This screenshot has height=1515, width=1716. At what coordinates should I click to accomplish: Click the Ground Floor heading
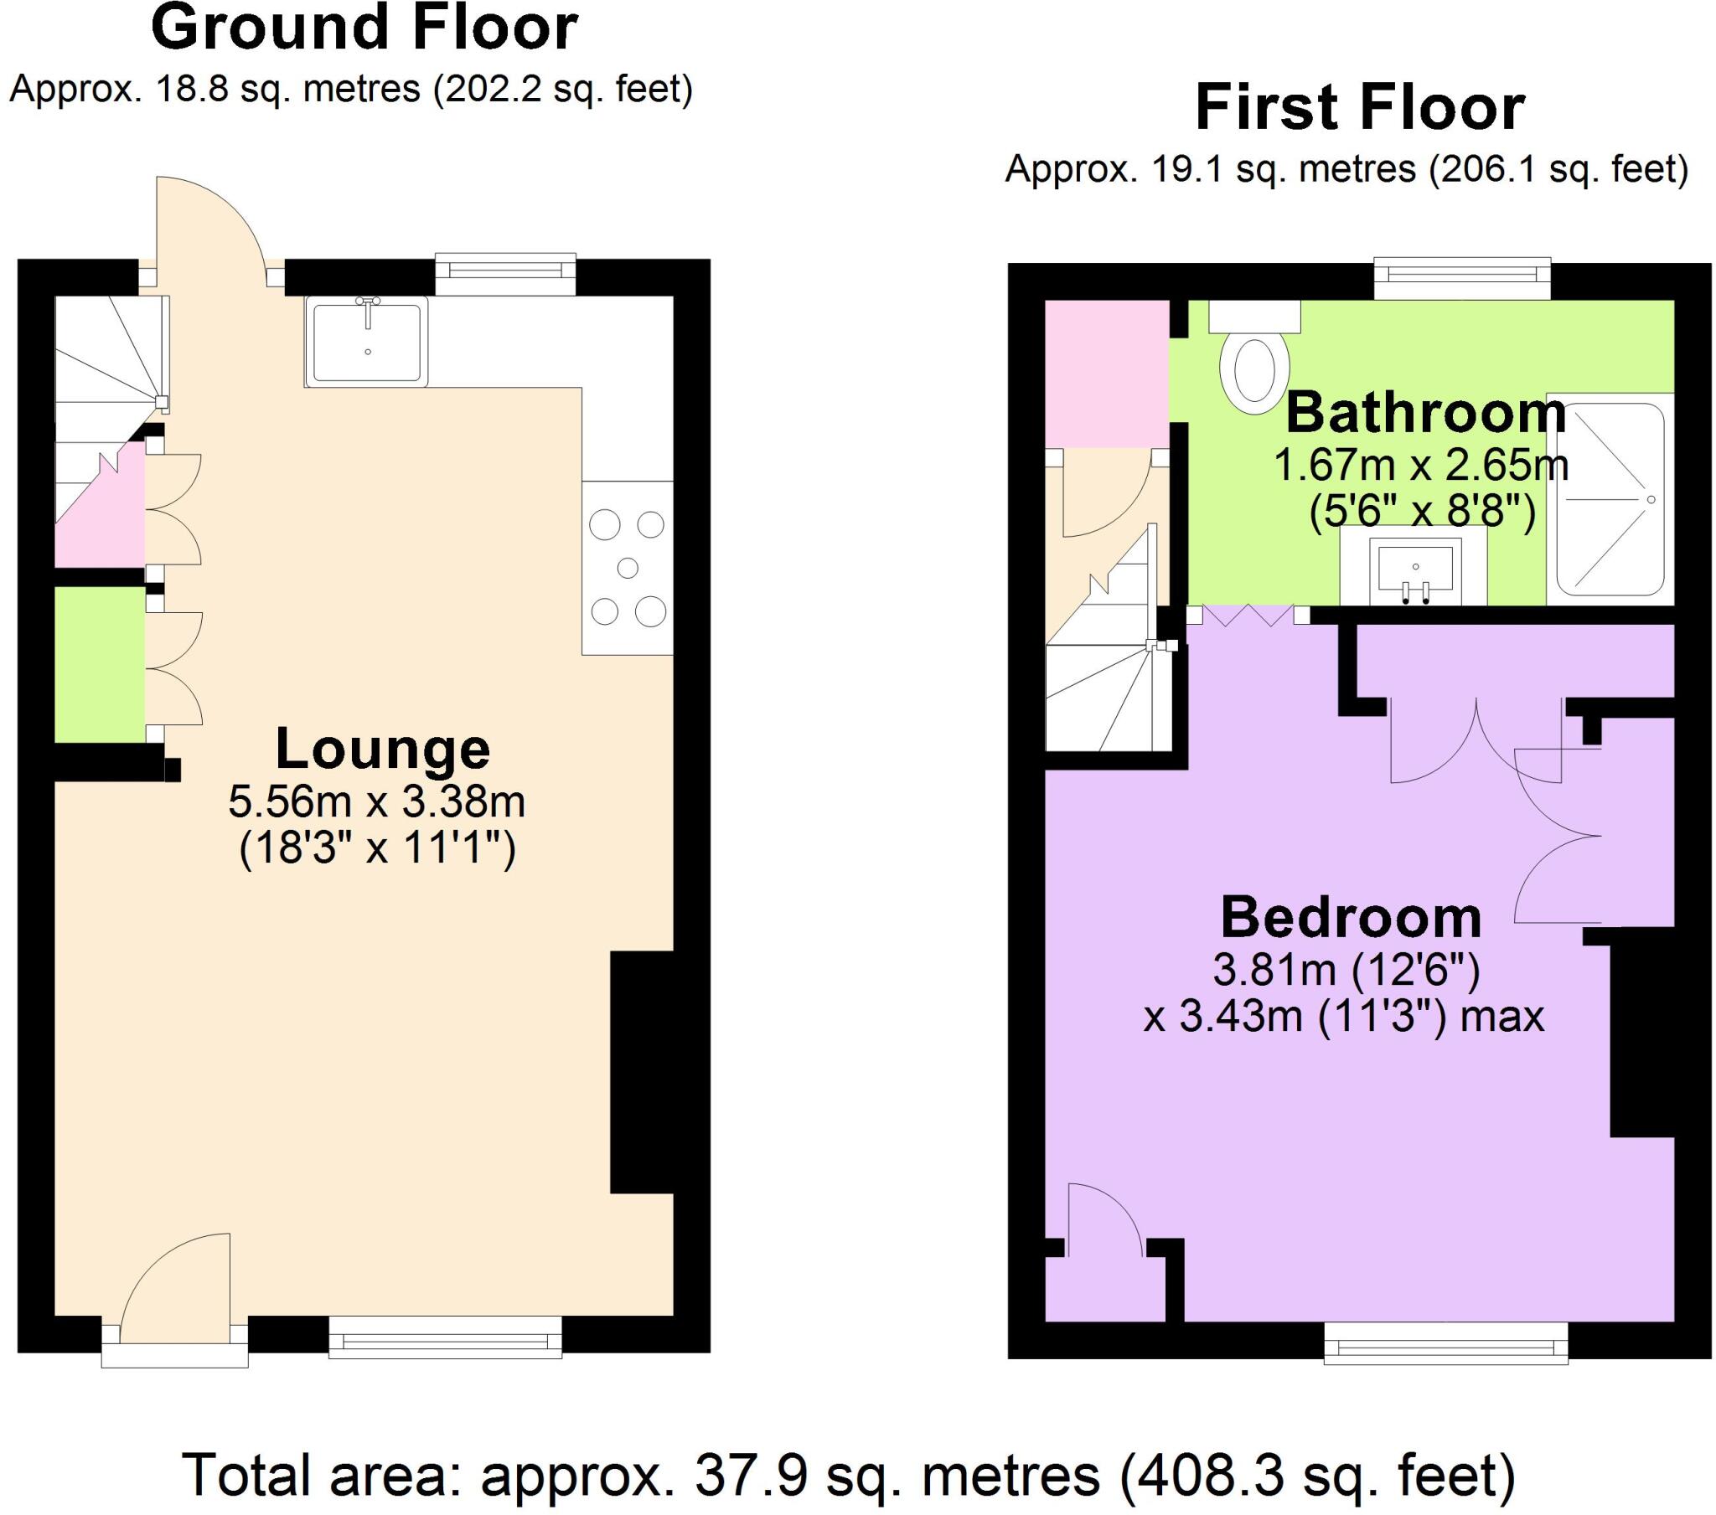click(x=364, y=28)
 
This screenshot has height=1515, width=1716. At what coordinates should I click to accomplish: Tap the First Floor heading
click(x=1359, y=108)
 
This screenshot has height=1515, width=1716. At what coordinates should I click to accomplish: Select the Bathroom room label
click(x=1425, y=413)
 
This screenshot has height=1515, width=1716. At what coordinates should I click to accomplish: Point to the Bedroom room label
click(x=1350, y=917)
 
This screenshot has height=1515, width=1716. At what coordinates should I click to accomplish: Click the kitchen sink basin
click(x=367, y=342)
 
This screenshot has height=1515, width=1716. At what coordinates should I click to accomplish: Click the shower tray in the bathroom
click(x=1610, y=500)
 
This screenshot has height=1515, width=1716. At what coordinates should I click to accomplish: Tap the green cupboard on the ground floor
click(x=99, y=664)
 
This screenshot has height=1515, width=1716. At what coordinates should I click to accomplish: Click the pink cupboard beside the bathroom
click(x=1107, y=374)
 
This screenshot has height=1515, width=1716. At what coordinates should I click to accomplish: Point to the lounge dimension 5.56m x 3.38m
click(x=376, y=802)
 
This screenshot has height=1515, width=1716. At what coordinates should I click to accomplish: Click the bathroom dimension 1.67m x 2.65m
click(x=1421, y=464)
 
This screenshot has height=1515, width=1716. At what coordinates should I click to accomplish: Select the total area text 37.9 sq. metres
click(x=848, y=1475)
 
